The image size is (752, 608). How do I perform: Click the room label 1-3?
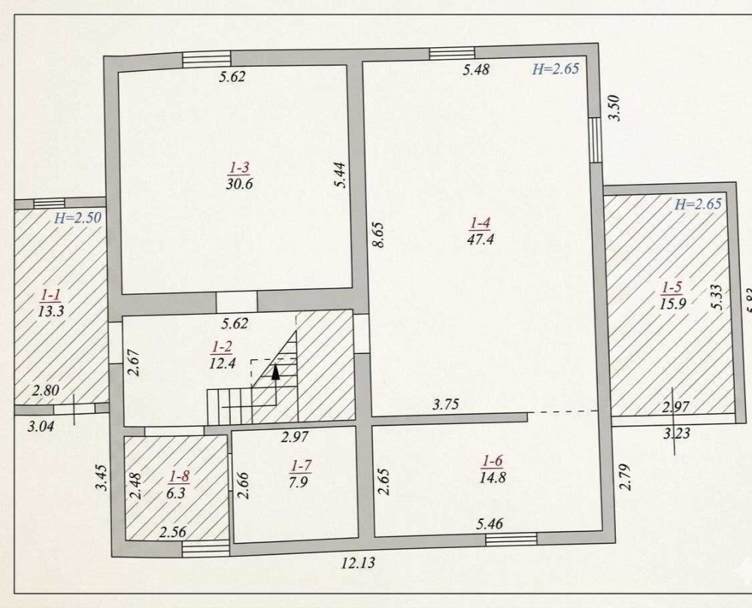pos(239,168)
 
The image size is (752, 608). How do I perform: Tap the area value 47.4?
pos(480,239)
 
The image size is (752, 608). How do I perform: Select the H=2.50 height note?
pos(77,218)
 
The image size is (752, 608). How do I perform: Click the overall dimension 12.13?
pos(358,562)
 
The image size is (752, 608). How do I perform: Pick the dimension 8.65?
pos(379,234)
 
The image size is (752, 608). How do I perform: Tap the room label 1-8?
pos(180,476)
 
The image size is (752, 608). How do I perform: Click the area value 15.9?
pos(672,304)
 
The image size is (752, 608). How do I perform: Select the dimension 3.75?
pos(445,404)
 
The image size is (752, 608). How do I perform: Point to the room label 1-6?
pos(493,461)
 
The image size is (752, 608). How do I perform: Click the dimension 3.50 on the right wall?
pos(616,107)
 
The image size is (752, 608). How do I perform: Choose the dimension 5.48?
pos(476,69)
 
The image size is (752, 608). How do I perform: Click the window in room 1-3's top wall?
pos(207,58)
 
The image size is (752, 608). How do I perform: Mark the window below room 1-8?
pos(206,549)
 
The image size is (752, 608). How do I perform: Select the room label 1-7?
pos(302,465)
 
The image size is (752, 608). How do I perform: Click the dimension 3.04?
pos(41,426)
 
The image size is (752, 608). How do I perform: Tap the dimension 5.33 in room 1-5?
pos(717,298)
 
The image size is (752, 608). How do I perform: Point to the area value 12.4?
pos(223,363)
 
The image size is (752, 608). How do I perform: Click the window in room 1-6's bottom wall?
pos(511,540)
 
